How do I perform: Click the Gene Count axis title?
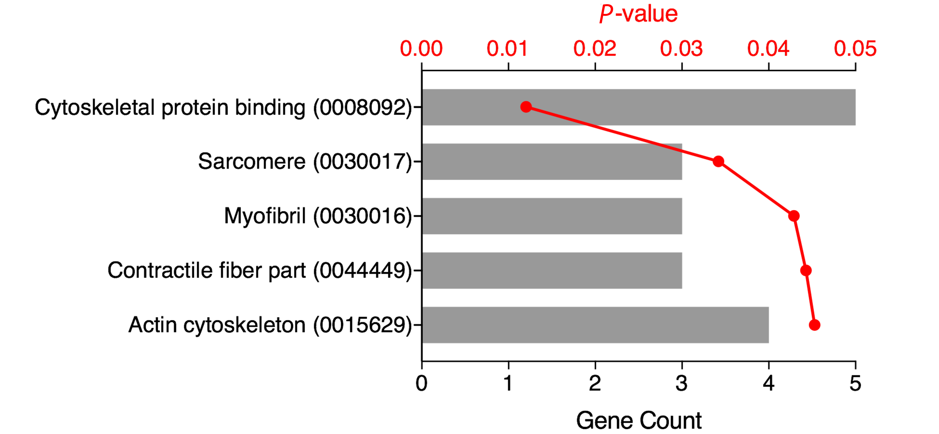coord(639,420)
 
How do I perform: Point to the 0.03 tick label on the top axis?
coord(681,49)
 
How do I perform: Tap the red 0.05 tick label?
coord(855,49)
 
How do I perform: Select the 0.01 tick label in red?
coord(507,49)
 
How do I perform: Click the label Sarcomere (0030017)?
coord(305,161)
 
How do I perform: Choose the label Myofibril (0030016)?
coord(317,216)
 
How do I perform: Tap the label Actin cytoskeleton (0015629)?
coord(270,325)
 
